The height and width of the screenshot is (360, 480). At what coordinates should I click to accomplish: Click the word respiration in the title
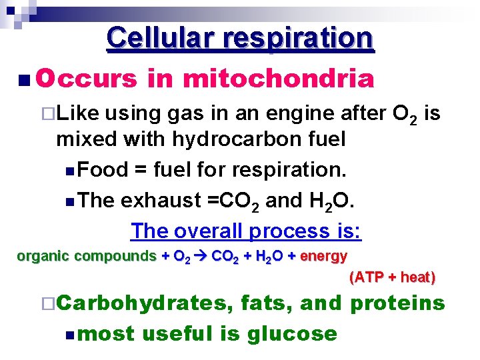click(300, 38)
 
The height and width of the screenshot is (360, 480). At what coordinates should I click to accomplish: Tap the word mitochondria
click(278, 79)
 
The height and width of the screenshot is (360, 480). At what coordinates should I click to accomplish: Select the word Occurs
click(87, 79)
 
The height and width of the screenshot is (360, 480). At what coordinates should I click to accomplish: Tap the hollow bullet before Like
click(46, 115)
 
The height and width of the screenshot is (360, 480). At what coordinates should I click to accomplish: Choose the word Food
click(103, 170)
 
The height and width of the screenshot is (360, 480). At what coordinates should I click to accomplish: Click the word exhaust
click(159, 200)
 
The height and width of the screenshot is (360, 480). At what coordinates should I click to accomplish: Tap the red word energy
click(324, 256)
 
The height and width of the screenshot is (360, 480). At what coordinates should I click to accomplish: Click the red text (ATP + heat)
click(392, 277)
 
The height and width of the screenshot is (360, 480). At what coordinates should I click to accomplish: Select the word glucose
click(292, 333)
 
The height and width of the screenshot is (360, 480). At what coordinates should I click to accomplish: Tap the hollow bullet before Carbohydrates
click(46, 304)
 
